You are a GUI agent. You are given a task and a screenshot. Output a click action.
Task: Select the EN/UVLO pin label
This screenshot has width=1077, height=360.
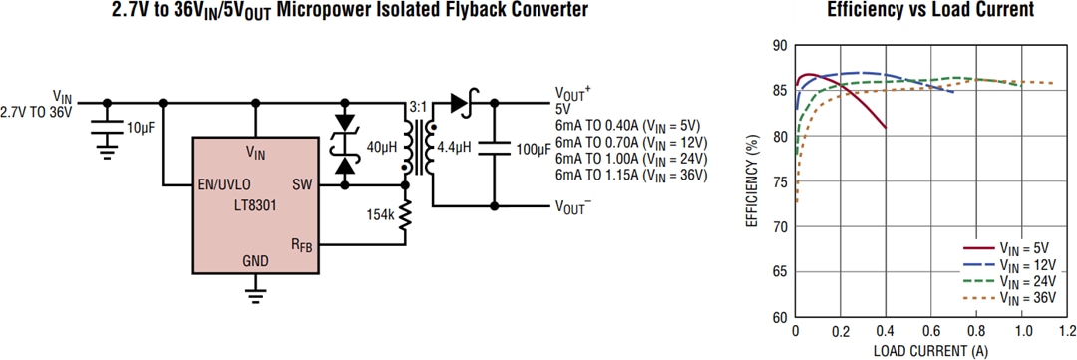pyautogui.click(x=224, y=184)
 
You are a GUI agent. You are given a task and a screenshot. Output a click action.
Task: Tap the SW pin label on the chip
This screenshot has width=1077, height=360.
pyautogui.click(x=302, y=184)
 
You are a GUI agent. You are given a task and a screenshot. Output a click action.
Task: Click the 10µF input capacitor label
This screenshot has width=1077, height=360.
pyautogui.click(x=140, y=127)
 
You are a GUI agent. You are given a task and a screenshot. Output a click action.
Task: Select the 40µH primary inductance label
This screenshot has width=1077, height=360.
pyautogui.click(x=382, y=147)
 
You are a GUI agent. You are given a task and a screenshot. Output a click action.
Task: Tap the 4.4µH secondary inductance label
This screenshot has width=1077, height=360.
pyautogui.click(x=454, y=147)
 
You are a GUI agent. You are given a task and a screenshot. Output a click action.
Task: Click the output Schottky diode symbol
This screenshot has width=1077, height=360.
pyautogui.click(x=462, y=102)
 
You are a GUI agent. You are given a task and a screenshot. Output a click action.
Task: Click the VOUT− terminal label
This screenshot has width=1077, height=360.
pyautogui.click(x=572, y=207)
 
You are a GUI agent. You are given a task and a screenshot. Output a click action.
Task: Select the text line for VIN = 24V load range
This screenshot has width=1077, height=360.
pyautogui.click(x=630, y=158)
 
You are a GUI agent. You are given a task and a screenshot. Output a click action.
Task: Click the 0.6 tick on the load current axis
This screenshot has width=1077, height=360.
pyautogui.click(x=930, y=330)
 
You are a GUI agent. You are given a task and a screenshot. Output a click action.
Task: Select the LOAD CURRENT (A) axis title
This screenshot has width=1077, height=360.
pyautogui.click(x=929, y=350)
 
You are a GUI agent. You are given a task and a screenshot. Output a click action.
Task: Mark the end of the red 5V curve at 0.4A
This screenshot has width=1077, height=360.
pyautogui.click(x=886, y=128)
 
